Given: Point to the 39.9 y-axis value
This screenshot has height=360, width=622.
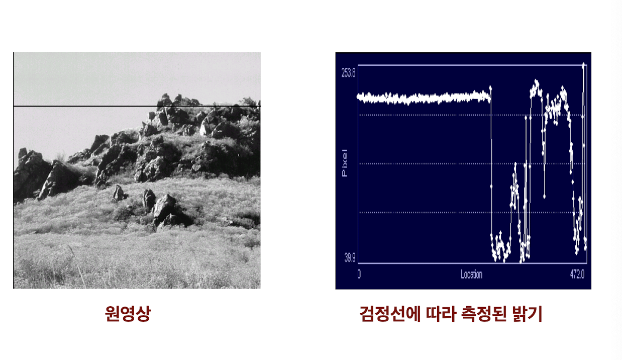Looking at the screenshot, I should pos(350,258).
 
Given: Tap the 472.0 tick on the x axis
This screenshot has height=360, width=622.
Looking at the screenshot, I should pos(577,275).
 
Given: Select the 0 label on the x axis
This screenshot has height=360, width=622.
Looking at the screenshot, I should pos(359,275).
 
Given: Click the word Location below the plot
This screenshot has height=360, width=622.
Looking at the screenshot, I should pos(471,275).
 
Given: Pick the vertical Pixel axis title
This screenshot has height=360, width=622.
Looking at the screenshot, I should pos(345,163).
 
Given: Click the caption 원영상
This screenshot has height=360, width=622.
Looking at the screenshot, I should pos(128,314).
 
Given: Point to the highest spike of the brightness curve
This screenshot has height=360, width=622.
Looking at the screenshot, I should pos(583,65).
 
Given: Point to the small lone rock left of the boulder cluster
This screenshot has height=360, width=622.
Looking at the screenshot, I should pos(119,192).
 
